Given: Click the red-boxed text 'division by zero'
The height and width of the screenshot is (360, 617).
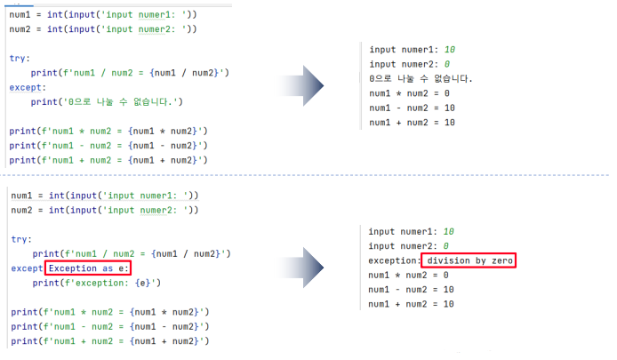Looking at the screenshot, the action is click(470, 260).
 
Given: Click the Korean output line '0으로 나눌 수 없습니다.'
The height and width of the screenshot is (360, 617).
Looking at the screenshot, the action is click(421, 79).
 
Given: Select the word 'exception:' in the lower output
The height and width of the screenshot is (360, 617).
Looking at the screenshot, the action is click(393, 260).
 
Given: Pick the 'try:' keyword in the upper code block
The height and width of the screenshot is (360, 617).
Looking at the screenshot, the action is click(20, 58).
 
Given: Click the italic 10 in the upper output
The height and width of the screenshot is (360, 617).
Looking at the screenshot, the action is click(449, 50).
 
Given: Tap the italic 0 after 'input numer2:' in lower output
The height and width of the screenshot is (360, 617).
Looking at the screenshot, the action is click(446, 246).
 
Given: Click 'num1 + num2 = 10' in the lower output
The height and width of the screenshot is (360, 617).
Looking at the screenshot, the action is click(411, 304).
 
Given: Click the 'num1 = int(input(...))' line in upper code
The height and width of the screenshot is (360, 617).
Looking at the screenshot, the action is click(104, 15).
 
